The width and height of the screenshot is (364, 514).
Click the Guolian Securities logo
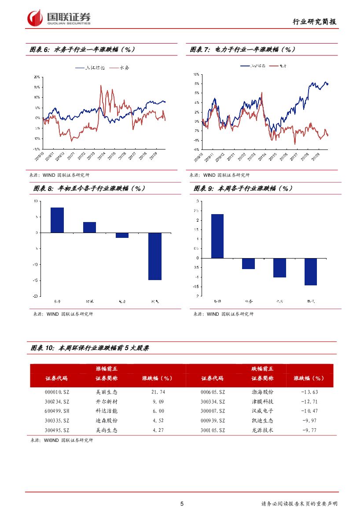(x=59, y=18)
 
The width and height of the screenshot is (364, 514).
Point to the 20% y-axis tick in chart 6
(x=37, y=77)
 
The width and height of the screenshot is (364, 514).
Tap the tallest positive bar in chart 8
(x=57, y=220)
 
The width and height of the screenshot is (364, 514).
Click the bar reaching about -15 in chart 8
(x=155, y=256)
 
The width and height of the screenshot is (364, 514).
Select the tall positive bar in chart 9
(x=217, y=236)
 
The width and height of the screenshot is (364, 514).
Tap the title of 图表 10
(x=90, y=348)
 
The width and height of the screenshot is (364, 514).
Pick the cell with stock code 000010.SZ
(x=57, y=392)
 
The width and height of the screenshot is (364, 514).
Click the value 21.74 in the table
(x=158, y=392)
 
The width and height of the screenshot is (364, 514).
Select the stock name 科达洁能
(x=107, y=411)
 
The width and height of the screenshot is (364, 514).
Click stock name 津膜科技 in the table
(x=262, y=401)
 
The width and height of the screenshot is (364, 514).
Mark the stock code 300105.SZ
(x=213, y=430)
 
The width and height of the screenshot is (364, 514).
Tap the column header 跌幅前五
(x=262, y=368)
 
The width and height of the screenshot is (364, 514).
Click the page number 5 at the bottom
(x=182, y=503)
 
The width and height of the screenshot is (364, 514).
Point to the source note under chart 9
(x=224, y=314)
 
